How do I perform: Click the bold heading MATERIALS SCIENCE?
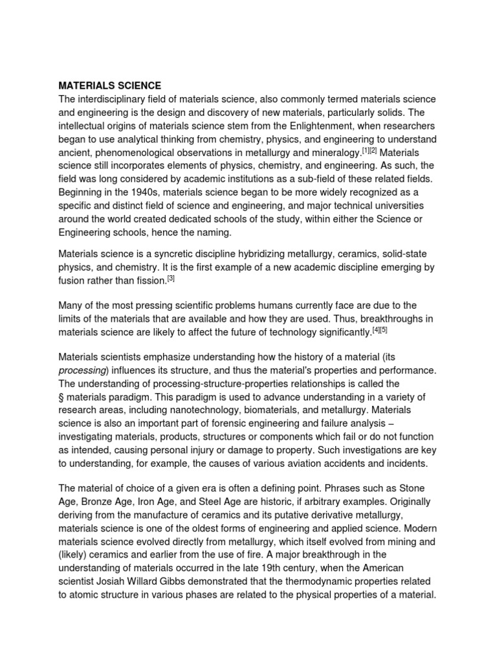click(x=110, y=85)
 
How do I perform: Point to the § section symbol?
click(x=61, y=398)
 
